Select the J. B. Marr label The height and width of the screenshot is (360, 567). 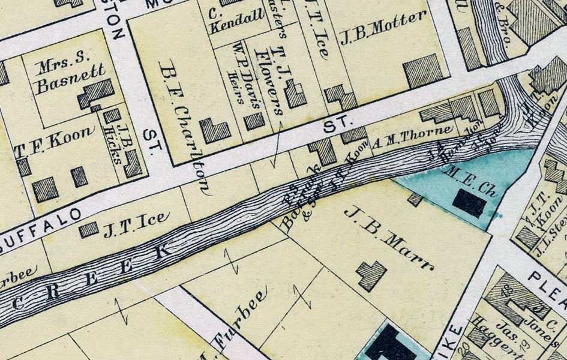tap(389, 238)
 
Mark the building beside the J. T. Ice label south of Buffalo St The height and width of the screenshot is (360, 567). tap(89, 230)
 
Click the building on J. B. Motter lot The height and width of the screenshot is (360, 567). tap(423, 71)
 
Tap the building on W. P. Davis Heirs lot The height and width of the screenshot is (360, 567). tap(254, 121)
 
